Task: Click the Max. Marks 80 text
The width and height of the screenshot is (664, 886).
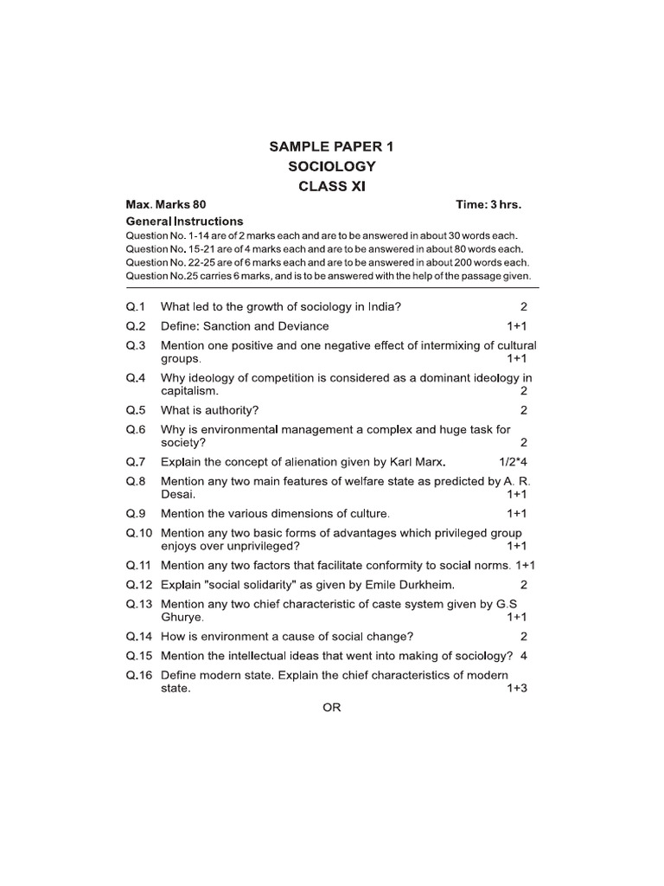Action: pos(166,205)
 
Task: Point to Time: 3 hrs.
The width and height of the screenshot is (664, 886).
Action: pos(488,205)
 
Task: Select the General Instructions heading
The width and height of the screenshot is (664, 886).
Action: pos(184,221)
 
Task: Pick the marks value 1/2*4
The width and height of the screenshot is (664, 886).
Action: pos(513,460)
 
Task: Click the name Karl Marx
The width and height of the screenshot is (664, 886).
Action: pos(415,460)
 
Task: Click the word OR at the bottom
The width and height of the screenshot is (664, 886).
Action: pos(332,707)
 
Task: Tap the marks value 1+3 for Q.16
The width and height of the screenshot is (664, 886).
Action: pos(517,689)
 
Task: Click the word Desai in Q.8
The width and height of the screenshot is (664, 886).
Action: pos(177,494)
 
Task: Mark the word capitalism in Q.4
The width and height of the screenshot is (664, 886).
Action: pos(188,390)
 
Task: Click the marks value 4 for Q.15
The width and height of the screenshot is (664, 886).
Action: pos(524,655)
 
